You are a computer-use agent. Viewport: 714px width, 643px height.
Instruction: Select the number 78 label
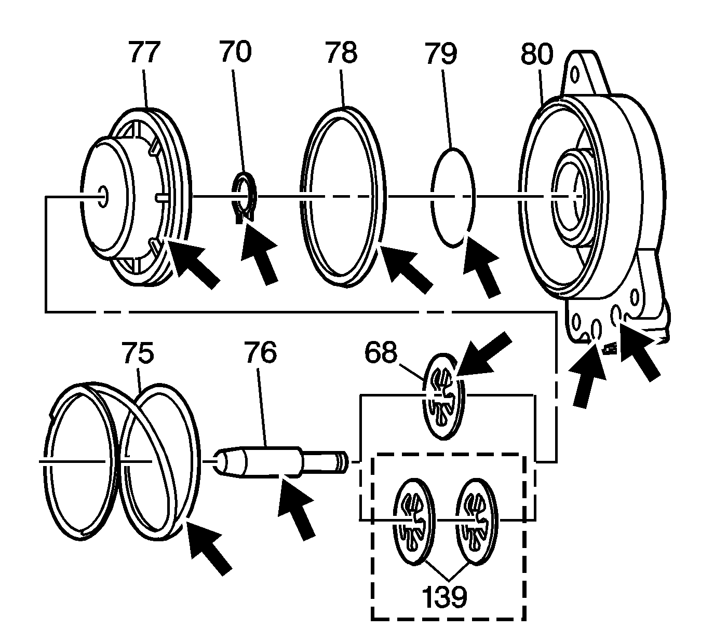point(341,53)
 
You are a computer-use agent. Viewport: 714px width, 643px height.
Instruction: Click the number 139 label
point(444,597)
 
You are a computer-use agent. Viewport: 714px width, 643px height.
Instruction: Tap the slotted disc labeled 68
point(443,397)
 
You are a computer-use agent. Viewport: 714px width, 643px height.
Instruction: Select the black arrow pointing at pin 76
point(297,511)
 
